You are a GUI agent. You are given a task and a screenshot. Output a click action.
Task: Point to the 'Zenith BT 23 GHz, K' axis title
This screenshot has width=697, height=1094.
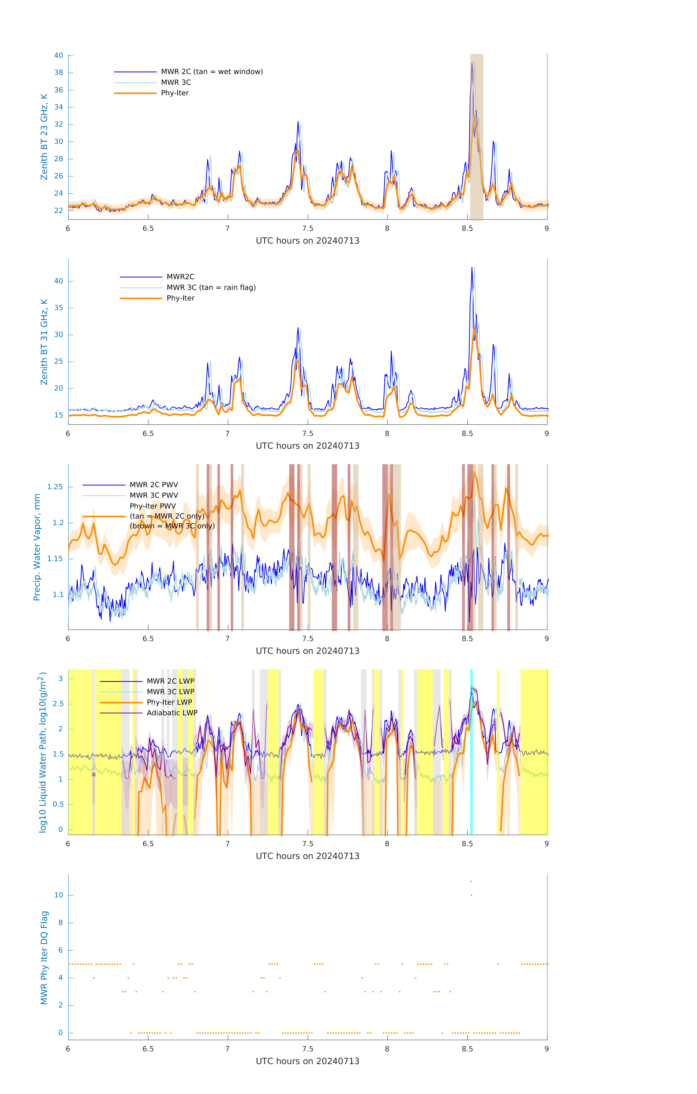tap(44, 137)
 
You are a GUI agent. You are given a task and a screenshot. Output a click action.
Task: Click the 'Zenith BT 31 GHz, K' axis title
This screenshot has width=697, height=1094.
tap(44, 342)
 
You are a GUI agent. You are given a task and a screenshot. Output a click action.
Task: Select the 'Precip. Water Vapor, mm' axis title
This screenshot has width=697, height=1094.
tap(37, 547)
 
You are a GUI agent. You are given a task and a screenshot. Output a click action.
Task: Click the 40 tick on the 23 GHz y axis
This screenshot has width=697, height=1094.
tap(58, 55)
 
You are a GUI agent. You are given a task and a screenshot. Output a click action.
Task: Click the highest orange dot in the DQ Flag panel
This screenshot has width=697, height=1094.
tap(471, 881)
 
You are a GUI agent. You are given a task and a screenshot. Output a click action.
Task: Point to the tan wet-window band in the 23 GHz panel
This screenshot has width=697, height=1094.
tap(476, 136)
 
